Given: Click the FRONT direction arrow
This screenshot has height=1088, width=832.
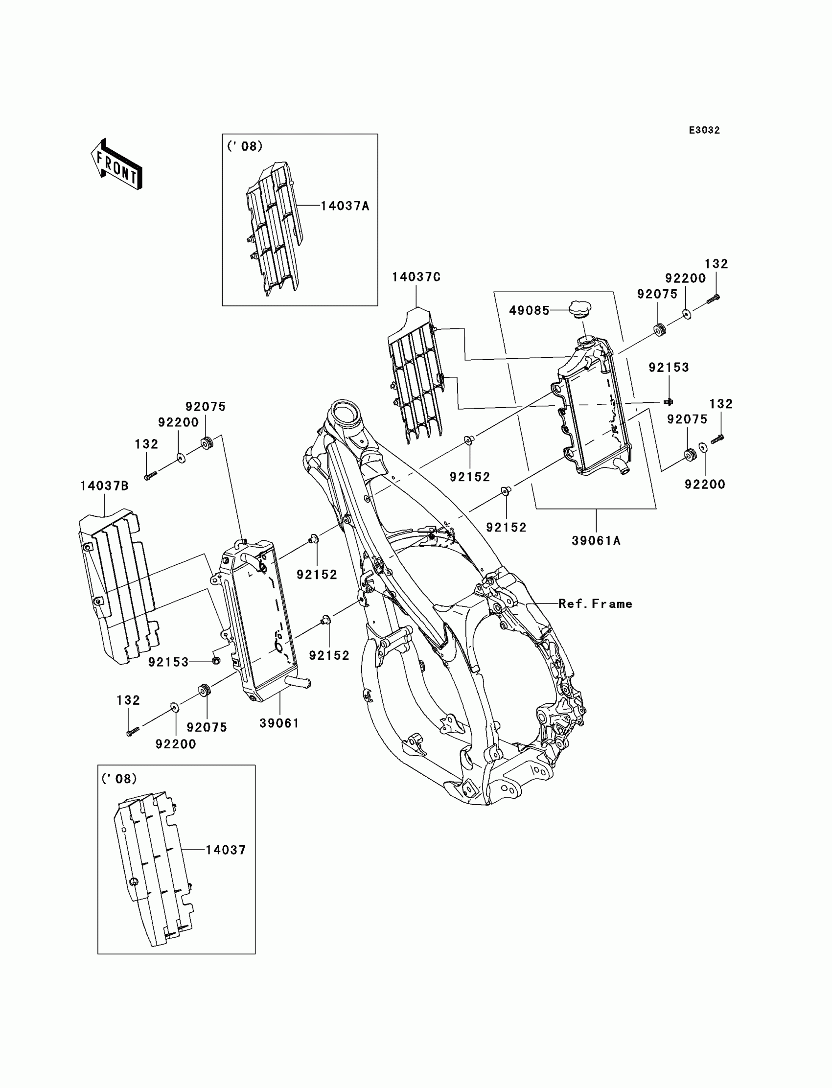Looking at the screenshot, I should pos(116,165).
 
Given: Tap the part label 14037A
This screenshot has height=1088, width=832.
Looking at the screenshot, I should pos(345,206).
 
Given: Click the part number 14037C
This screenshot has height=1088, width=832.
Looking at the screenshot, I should pos(416,278).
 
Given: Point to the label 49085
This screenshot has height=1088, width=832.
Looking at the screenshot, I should pos(530,310).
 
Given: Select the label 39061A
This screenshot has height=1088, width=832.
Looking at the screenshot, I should pos(596,541).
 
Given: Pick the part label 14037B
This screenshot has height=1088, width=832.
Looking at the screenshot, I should pos(104,486).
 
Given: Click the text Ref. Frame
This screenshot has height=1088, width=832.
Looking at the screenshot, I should pos(595,603).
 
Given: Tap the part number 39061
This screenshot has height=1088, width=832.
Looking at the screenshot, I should pos(279,723).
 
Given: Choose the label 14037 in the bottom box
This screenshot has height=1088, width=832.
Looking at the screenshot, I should pos(225,850).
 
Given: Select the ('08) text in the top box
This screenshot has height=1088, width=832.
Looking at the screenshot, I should pos(245,147).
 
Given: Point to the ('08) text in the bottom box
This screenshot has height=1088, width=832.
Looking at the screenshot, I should pos(119,779).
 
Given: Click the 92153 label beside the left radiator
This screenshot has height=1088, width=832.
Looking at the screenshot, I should pos(168,662).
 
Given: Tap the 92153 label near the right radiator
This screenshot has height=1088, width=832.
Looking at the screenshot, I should pos(669,368).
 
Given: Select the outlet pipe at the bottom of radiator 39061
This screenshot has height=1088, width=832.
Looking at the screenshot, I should pos(300,684).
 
